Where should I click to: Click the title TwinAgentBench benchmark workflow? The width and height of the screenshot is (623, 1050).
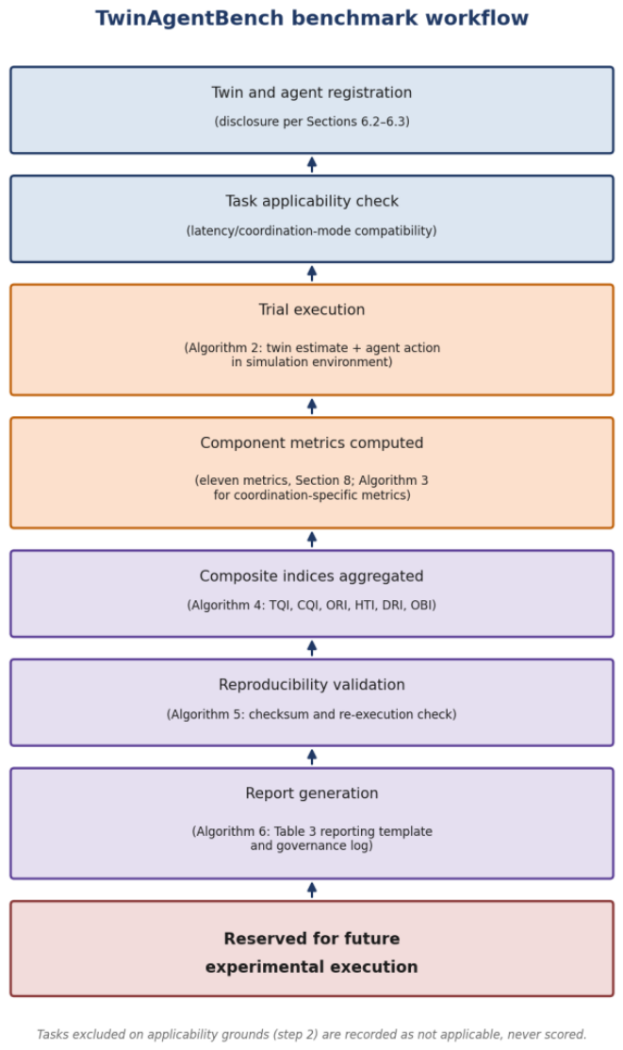(312, 18)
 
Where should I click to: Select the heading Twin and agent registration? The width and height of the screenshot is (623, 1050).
(312, 93)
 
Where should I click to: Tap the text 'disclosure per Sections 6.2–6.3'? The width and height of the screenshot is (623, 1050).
(312, 121)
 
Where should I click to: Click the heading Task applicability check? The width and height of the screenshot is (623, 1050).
(312, 202)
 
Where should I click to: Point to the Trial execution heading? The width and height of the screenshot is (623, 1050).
(312, 310)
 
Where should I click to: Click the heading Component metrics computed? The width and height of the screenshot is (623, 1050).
(312, 443)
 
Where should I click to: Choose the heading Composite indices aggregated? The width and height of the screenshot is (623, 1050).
(312, 576)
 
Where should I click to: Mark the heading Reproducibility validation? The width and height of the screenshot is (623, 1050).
(312, 685)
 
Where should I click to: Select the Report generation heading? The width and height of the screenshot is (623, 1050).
(312, 793)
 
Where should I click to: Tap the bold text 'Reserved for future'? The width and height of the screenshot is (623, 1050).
(312, 939)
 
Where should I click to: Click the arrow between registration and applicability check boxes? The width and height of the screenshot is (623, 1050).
(312, 165)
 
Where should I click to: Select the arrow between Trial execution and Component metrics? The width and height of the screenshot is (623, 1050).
(312, 407)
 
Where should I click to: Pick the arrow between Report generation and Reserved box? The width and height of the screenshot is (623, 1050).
(312, 890)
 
